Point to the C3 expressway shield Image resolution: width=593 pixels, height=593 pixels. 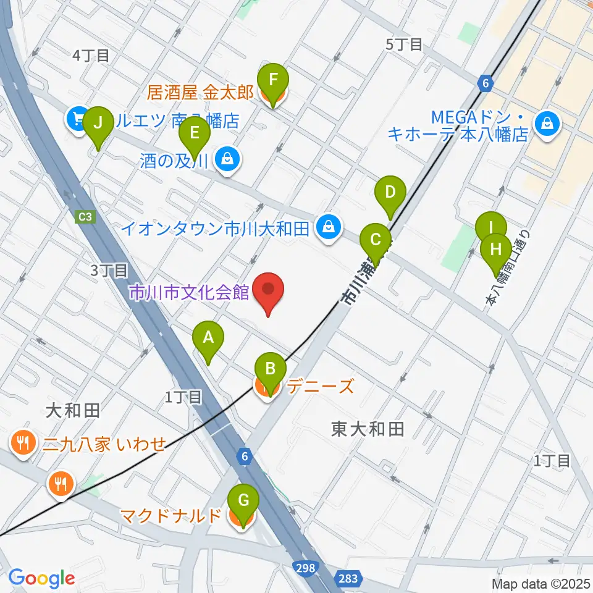(85, 217)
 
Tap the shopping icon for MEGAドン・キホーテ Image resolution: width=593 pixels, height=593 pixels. (547, 124)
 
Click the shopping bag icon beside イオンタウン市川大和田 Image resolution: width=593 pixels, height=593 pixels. (327, 228)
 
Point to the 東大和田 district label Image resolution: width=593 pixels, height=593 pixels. (368, 429)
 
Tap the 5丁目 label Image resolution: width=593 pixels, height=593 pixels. (404, 44)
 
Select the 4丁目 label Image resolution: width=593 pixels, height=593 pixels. (91, 55)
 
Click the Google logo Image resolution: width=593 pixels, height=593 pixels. (41, 578)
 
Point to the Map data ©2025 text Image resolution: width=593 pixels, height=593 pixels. (540, 583)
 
